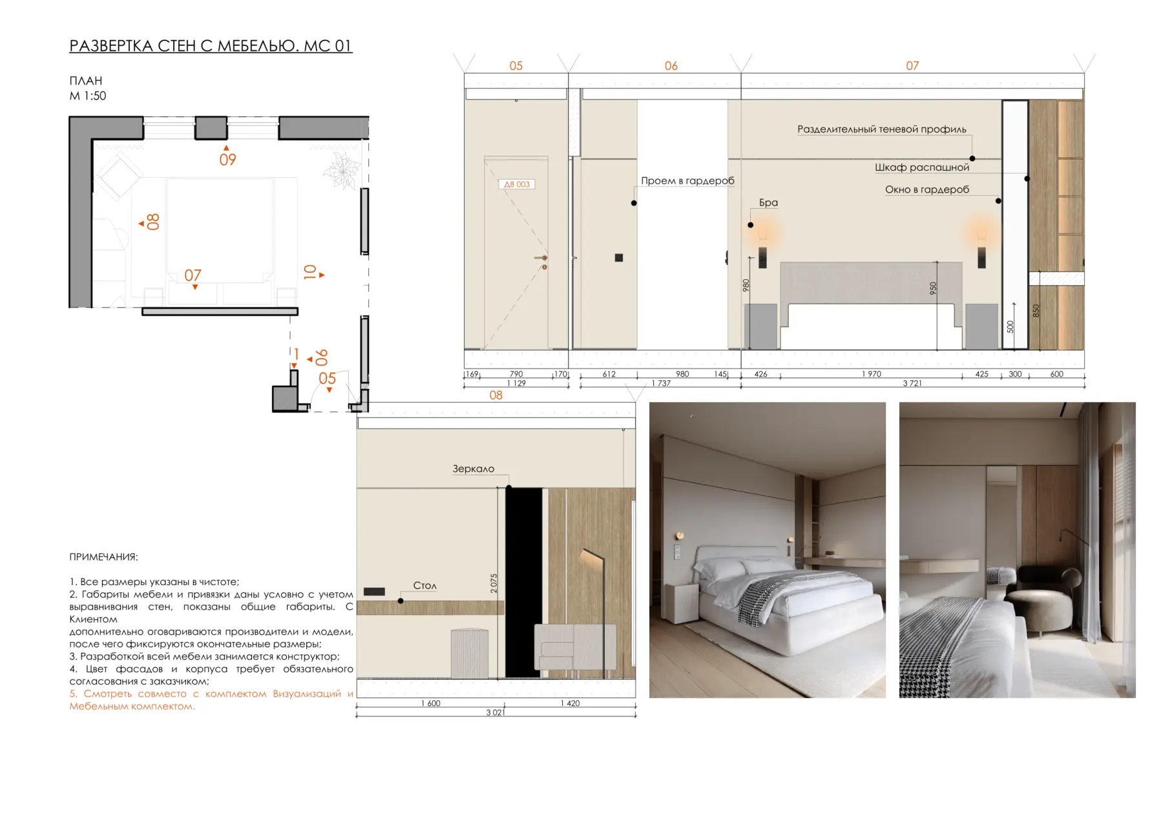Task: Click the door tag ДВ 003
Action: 517,184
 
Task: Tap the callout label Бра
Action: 768,202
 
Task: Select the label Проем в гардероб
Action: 687,180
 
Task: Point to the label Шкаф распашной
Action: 922,167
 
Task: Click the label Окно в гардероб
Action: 927,189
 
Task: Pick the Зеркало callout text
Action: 473,469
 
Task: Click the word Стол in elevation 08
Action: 424,585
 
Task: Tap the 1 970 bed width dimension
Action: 871,374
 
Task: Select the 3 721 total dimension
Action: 912,383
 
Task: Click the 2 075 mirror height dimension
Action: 494,584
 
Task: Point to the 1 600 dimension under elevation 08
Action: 430,703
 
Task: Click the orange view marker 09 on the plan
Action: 227,160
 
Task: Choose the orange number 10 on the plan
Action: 310,272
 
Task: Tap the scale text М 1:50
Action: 88,96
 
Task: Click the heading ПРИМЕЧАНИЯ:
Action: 103,557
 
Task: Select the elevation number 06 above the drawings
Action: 671,66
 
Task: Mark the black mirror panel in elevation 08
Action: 523,582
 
